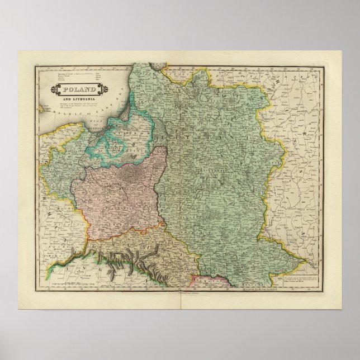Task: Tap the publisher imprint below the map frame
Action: click(x=179, y=291)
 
